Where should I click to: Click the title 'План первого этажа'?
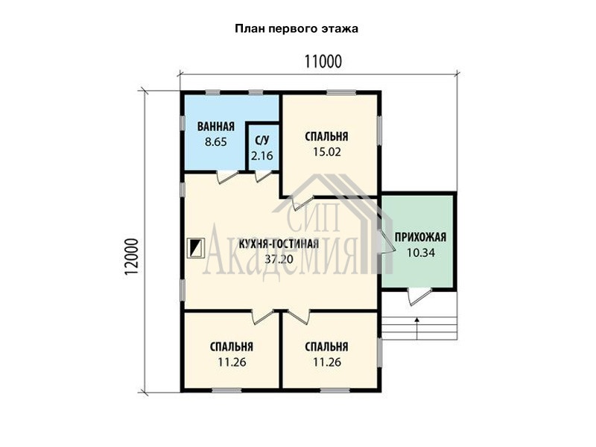(x=296, y=29)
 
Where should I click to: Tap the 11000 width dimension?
(x=323, y=62)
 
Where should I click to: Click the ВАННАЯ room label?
(x=215, y=127)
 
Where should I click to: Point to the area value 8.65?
(x=215, y=142)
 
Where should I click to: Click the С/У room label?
(x=262, y=141)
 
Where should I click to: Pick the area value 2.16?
(x=262, y=156)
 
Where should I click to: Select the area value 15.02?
(x=327, y=152)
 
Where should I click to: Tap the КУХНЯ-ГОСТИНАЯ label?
(x=279, y=244)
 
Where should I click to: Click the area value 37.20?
(x=279, y=259)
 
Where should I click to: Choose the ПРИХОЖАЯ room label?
(x=420, y=237)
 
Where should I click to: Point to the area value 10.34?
(x=420, y=253)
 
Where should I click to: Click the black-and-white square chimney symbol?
(x=197, y=248)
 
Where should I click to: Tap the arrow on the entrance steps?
(x=417, y=328)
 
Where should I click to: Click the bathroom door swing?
(x=227, y=177)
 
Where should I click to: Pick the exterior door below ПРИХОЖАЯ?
(x=419, y=297)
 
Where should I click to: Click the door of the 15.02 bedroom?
(x=302, y=203)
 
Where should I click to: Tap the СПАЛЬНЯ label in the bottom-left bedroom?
(x=231, y=346)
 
